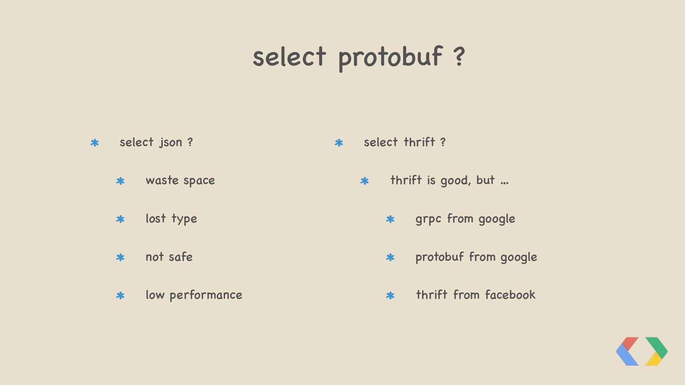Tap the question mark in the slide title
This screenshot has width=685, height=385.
[x=459, y=57]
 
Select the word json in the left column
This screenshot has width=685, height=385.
[x=171, y=143]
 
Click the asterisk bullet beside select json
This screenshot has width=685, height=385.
[x=95, y=143]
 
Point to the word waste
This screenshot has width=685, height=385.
[x=162, y=180]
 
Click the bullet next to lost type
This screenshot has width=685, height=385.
[x=120, y=219]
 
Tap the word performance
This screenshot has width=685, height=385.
[x=206, y=295]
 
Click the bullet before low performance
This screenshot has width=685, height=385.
[x=120, y=295]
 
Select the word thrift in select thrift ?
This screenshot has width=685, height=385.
[x=419, y=142]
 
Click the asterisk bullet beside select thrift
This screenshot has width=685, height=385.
[x=339, y=143]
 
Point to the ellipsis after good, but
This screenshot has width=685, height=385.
[x=505, y=183]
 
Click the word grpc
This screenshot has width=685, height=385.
[x=428, y=219]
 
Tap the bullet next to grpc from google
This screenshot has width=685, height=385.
[x=390, y=219]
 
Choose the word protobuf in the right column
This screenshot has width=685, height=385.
[x=439, y=257]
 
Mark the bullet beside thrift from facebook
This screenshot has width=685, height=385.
[x=390, y=295]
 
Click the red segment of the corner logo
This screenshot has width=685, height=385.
[x=630, y=343]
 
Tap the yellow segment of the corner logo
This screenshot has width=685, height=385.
[x=653, y=359]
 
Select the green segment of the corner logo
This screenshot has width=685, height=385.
[x=657, y=347]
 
